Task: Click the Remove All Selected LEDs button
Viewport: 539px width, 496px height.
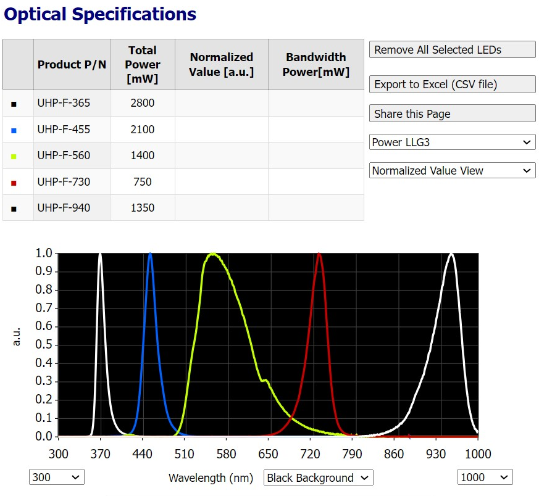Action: [x=452, y=50]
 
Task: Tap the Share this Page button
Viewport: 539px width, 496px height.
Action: [x=452, y=114]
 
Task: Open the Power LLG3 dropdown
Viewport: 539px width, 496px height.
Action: [x=452, y=142]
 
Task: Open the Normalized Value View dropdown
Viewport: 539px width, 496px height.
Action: [x=452, y=170]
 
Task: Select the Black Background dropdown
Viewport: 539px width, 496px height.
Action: [x=318, y=477]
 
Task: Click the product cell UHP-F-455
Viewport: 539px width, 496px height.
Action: [x=64, y=130]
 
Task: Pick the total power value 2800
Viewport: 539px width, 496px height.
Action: [x=143, y=103]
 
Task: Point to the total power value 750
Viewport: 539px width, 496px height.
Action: [x=143, y=182]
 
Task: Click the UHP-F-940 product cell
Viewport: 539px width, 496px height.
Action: [x=64, y=208]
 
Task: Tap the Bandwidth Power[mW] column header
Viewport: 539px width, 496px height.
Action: [x=315, y=64]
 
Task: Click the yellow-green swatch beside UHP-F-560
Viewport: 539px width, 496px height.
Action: [x=14, y=156]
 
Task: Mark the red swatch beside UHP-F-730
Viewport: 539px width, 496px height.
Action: [x=14, y=183]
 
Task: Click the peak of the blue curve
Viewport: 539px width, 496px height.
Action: [x=150, y=254]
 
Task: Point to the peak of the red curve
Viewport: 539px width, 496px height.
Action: [x=319, y=254]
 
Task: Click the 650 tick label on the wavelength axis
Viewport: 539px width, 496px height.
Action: [x=268, y=455]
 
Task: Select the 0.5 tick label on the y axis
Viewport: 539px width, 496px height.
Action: [x=44, y=345]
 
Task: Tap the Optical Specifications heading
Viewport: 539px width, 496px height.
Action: [x=100, y=14]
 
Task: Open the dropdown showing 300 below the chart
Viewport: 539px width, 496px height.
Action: [x=56, y=477]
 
